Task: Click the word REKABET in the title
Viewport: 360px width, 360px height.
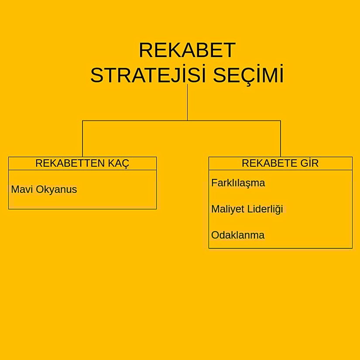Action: click(x=187, y=50)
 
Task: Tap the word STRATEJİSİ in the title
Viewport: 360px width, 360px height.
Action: click(x=148, y=75)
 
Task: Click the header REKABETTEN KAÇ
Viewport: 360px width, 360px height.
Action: click(x=82, y=163)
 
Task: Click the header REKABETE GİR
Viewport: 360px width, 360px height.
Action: click(x=280, y=163)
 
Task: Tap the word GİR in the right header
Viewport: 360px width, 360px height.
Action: click(x=309, y=163)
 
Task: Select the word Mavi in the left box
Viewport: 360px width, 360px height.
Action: click(x=20, y=189)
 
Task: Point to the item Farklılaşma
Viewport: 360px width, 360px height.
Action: click(x=238, y=183)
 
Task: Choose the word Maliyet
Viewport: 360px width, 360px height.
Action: click(x=227, y=209)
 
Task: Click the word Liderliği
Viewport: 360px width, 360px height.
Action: click(x=265, y=209)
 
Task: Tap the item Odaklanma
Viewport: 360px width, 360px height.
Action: click(x=238, y=235)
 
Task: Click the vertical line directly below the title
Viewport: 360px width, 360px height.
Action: click(x=187, y=103)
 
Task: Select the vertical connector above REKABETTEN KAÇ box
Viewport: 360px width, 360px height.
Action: click(x=82, y=139)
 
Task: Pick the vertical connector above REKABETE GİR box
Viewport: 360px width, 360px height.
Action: click(x=280, y=139)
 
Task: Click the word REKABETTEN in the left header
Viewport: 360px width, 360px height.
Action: click(x=69, y=163)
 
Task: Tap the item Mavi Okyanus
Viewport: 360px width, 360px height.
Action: click(x=44, y=189)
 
